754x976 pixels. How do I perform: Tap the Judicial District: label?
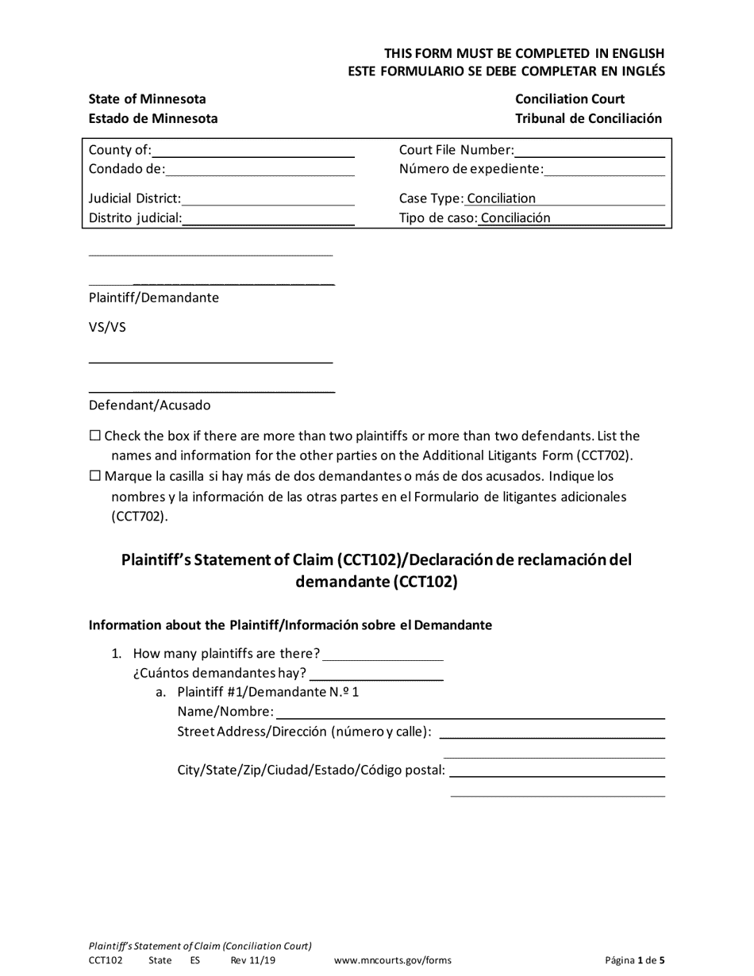135,198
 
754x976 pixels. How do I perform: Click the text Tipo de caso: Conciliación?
475,218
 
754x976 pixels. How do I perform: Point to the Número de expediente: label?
471,169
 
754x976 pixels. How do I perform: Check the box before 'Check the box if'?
95,436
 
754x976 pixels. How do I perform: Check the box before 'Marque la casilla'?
95,476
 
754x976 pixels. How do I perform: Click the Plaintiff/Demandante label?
154,298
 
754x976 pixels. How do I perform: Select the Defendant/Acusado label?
150,405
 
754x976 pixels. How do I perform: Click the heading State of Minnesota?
148,99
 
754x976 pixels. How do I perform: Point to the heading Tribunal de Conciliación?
588,118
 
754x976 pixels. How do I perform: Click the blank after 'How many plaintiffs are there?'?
383,654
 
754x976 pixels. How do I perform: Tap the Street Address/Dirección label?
305,732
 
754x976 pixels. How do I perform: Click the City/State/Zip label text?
311,770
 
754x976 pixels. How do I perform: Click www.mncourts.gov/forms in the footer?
393,960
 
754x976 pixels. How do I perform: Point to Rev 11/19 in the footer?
253,960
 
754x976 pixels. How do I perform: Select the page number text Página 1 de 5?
635,960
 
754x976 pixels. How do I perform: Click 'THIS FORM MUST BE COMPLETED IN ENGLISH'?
525,53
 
